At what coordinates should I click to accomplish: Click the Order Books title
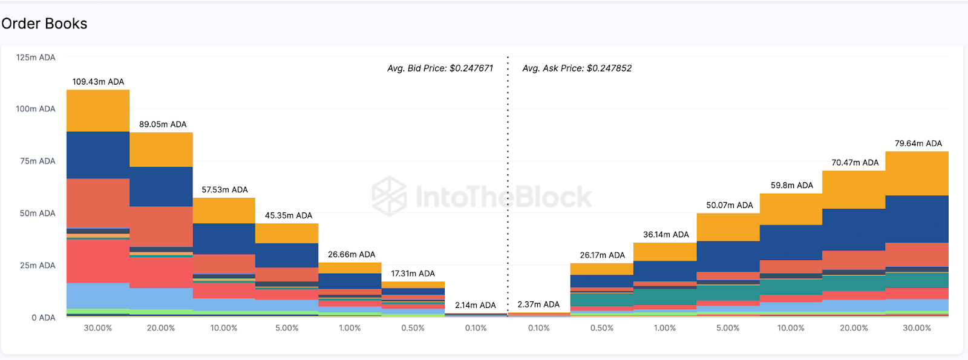(44, 24)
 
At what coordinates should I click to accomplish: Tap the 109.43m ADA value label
(98, 82)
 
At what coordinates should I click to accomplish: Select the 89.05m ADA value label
(163, 124)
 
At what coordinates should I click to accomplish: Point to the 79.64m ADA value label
(918, 143)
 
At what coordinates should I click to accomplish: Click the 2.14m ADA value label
(475, 305)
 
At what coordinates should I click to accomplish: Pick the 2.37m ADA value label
(538, 304)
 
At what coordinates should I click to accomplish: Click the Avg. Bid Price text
(440, 68)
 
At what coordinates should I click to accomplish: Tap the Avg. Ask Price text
(577, 68)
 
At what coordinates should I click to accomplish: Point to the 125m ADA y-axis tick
(36, 57)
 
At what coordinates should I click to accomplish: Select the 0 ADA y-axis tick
(44, 318)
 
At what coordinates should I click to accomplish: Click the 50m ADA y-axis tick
(38, 213)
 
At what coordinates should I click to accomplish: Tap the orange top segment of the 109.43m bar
(98, 111)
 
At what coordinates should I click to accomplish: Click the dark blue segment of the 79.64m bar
(917, 219)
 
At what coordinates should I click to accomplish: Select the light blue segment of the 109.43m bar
(98, 295)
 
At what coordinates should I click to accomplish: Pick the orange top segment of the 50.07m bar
(728, 227)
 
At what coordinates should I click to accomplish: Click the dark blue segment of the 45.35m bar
(287, 255)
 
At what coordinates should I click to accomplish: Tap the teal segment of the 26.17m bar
(601, 299)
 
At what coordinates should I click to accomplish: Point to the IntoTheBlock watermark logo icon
(389, 196)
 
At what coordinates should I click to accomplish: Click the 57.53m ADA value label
(224, 189)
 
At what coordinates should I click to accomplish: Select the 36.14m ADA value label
(665, 235)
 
